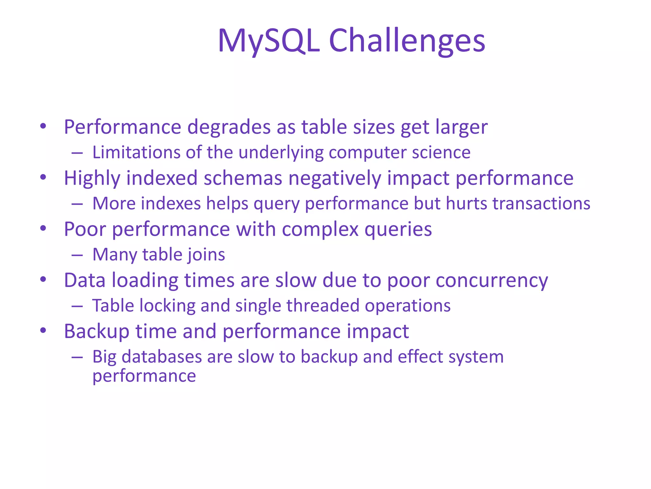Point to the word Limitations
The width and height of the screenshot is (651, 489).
(136, 152)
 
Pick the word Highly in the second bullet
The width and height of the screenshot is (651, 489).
(92, 178)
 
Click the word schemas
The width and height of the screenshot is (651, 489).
(243, 178)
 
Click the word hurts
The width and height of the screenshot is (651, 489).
(466, 204)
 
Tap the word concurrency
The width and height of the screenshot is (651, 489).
(492, 281)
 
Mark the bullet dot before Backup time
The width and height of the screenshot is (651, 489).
(43, 331)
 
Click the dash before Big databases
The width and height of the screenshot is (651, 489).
(77, 357)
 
